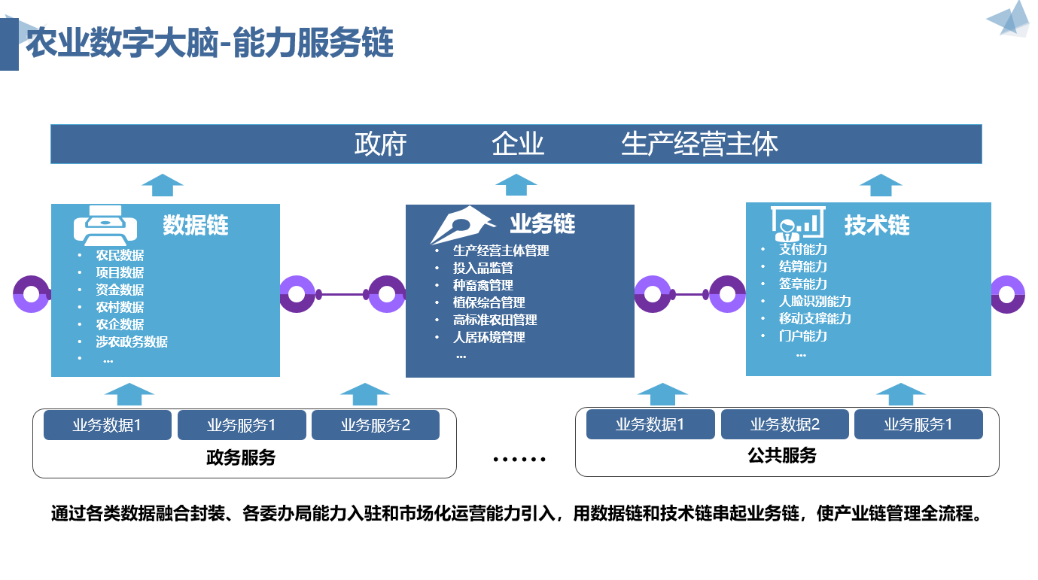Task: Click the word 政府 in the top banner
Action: [x=380, y=144]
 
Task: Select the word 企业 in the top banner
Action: [x=518, y=144]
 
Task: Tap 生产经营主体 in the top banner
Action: [x=699, y=144]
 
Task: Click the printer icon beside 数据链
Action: [x=105, y=226]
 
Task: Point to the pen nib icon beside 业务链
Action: [x=461, y=225]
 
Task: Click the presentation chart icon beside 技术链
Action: [x=798, y=223]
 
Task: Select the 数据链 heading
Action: [x=195, y=225]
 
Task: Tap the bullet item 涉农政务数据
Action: [x=132, y=342]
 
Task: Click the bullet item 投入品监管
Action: [x=482, y=268]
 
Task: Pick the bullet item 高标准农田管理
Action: [x=495, y=320]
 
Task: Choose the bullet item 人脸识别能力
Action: [x=814, y=301]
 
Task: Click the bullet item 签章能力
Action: [x=802, y=284]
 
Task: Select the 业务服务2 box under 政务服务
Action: [x=376, y=425]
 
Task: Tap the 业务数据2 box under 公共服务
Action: [x=784, y=424]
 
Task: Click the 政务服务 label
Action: [x=241, y=457]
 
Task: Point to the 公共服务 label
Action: [x=782, y=456]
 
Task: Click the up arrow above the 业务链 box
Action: [x=516, y=185]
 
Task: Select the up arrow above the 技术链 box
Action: [x=881, y=185]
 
